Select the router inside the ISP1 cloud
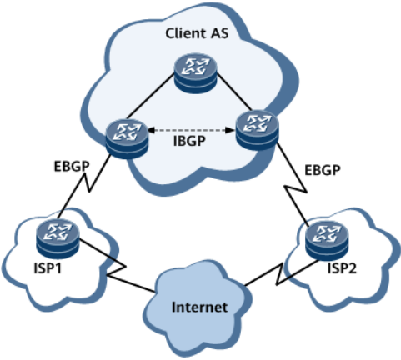pyautogui.click(x=55, y=236)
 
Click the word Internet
pyautogui.click(x=199, y=307)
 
